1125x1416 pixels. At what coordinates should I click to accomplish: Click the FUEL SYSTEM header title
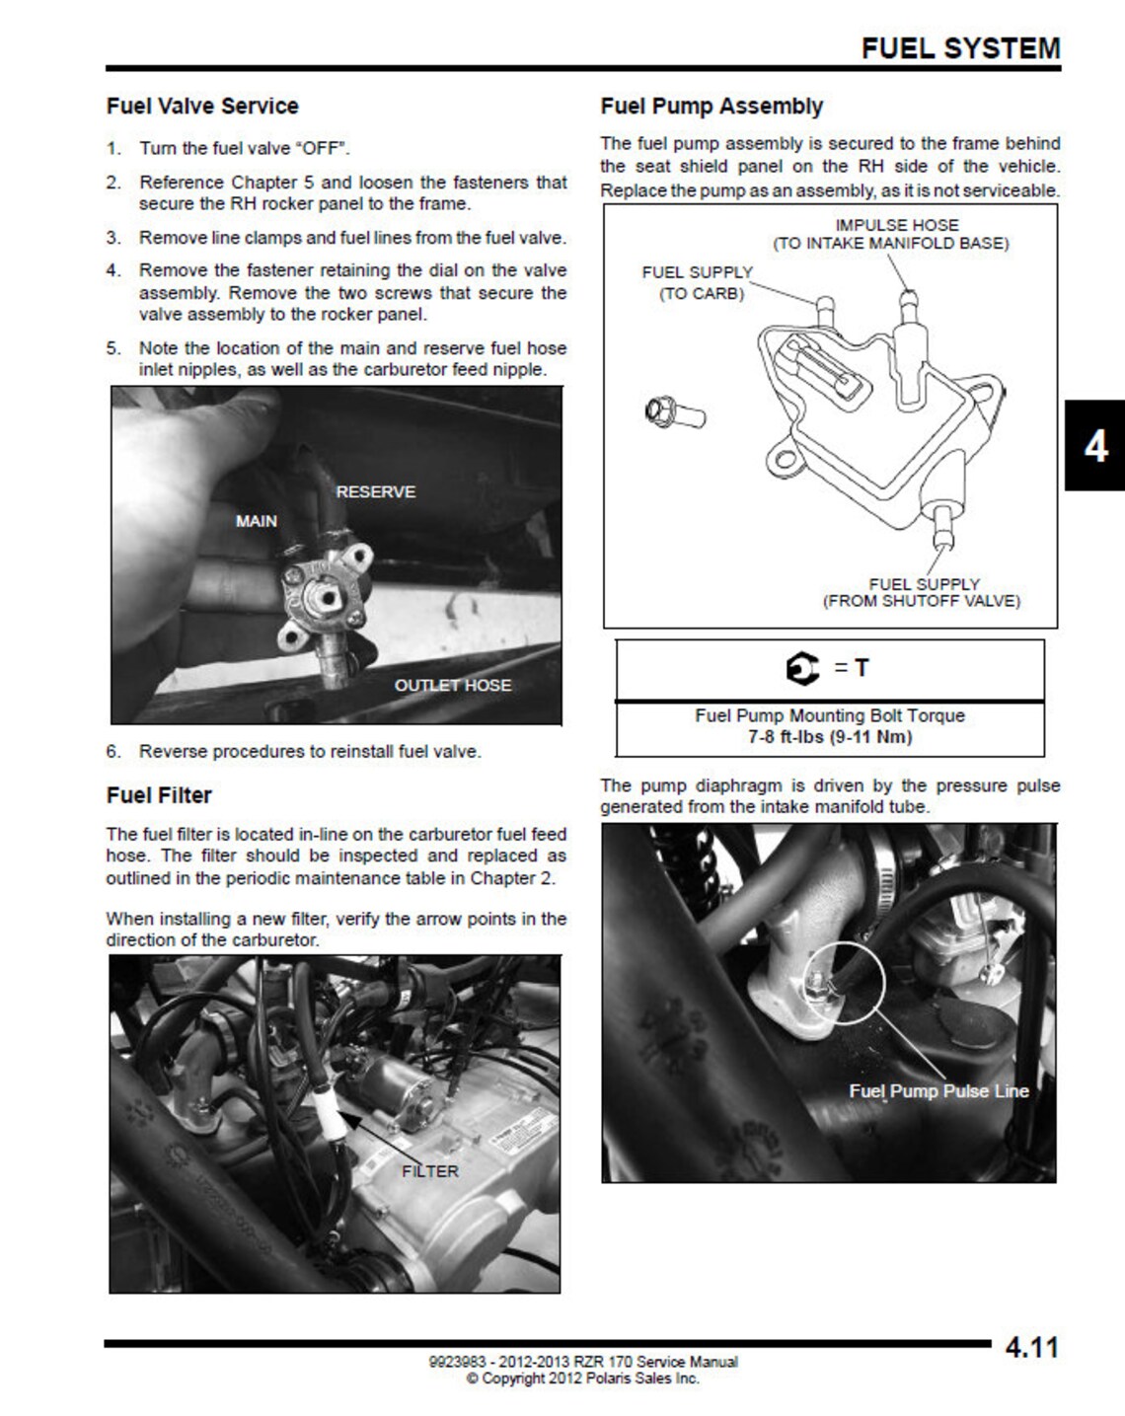(x=960, y=47)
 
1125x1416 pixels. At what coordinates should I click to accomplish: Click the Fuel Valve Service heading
(x=202, y=106)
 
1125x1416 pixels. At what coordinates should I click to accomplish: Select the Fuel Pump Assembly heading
(x=712, y=106)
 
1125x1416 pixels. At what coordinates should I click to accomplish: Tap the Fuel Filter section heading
(x=159, y=794)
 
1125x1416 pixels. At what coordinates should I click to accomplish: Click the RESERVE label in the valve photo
(x=375, y=491)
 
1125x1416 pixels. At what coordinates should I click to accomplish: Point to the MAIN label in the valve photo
(x=256, y=521)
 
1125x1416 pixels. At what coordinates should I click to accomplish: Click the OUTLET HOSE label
(x=452, y=685)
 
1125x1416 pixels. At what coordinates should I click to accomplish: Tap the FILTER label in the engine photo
(x=429, y=1171)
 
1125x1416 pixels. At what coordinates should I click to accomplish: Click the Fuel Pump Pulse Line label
(x=938, y=1090)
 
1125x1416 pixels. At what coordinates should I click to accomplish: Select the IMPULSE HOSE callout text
(x=896, y=225)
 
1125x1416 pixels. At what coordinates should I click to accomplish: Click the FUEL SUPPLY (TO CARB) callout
(x=698, y=282)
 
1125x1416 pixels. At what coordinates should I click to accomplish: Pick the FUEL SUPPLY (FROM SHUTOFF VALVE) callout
(x=923, y=592)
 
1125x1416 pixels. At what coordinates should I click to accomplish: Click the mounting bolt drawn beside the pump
(x=674, y=411)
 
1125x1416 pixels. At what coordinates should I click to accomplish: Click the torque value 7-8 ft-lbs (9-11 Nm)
(x=829, y=737)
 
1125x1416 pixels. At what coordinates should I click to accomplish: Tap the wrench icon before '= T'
(x=803, y=669)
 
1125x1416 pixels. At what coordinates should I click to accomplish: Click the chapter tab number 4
(x=1094, y=446)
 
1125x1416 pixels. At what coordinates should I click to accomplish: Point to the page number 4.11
(x=1031, y=1348)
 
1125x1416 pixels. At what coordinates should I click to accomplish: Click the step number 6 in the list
(x=113, y=751)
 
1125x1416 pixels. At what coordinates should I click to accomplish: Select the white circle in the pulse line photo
(x=845, y=981)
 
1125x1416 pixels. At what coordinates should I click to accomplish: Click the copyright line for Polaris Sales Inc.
(x=582, y=1379)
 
